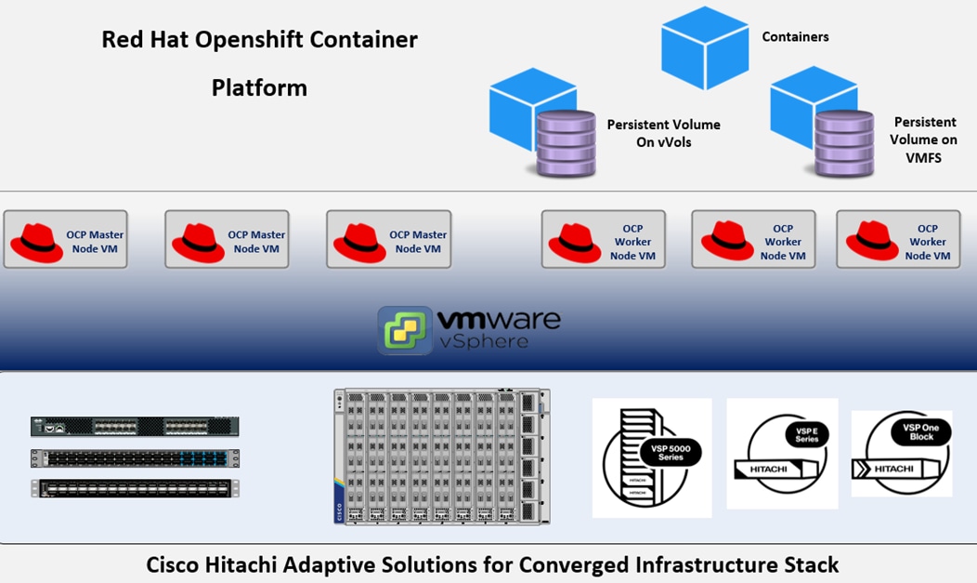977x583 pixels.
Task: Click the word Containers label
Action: point(795,37)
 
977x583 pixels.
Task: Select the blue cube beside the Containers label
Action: point(705,48)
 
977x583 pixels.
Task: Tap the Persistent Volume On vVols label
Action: point(663,133)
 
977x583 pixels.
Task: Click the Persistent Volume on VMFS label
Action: point(923,139)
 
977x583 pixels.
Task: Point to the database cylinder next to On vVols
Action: point(566,143)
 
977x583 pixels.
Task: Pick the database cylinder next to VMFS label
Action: point(844,143)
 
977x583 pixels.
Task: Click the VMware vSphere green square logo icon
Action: point(405,330)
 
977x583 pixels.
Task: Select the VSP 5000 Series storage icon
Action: point(652,457)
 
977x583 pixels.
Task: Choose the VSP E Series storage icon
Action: point(782,454)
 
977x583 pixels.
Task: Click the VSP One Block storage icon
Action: point(902,454)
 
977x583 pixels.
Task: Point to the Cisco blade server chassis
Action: point(441,457)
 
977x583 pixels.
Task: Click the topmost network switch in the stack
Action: point(135,427)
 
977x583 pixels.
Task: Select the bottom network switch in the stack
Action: point(135,488)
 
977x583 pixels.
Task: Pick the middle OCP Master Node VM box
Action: point(227,240)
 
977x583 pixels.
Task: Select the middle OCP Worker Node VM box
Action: point(753,240)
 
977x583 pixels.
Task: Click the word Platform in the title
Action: point(259,88)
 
